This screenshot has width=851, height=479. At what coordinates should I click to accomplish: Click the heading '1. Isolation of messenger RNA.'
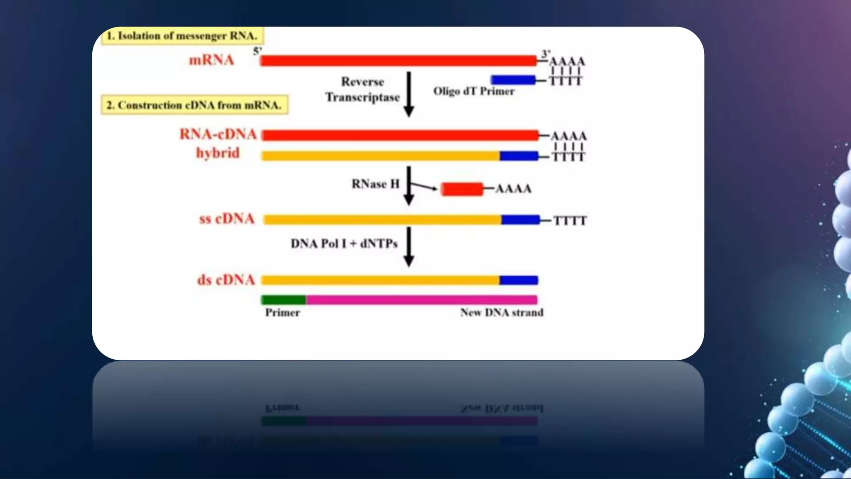182,36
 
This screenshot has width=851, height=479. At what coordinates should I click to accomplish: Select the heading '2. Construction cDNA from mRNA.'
194,105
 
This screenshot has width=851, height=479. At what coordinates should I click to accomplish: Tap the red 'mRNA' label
212,60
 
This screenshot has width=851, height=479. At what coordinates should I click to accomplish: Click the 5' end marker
257,51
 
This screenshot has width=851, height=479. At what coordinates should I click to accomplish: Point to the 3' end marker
546,54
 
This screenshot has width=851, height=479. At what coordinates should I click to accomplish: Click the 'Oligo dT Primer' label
474,91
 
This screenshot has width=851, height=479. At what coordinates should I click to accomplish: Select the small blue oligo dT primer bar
513,80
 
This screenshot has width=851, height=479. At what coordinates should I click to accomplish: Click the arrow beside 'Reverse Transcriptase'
409,94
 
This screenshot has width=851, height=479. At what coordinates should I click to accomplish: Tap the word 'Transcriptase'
362,97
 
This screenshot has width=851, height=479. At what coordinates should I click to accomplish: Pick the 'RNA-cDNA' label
218,134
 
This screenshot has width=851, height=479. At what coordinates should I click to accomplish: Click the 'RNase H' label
375,184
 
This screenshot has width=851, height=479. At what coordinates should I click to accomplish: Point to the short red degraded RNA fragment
462,189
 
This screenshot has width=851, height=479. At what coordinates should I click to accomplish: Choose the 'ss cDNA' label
227,219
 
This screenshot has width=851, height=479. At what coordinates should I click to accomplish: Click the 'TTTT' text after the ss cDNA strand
570,221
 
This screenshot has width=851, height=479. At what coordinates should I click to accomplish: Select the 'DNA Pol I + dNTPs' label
344,243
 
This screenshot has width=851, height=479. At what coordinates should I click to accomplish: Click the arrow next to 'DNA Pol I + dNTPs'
409,246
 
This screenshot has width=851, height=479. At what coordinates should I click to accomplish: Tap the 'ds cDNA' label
226,280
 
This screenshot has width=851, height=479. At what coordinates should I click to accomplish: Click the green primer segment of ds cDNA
283,300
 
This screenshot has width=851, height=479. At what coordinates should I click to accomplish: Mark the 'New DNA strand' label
502,313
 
